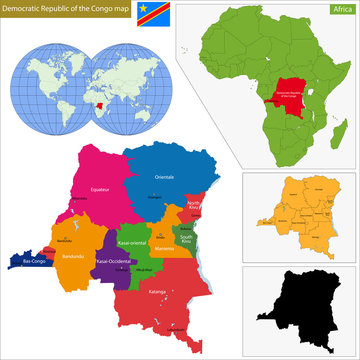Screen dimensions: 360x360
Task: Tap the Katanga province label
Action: pyautogui.click(x=158, y=292)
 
